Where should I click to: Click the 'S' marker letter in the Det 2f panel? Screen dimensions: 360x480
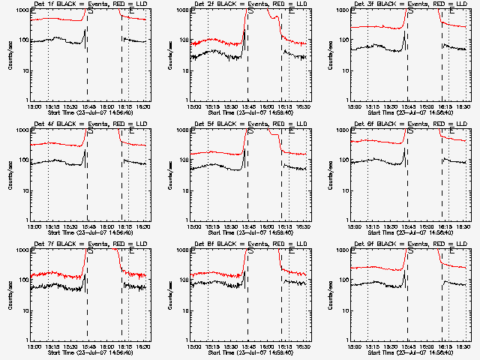point(250,12)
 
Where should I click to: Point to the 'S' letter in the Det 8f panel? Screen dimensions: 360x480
point(250,252)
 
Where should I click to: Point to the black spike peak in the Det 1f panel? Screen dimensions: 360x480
point(85,31)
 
